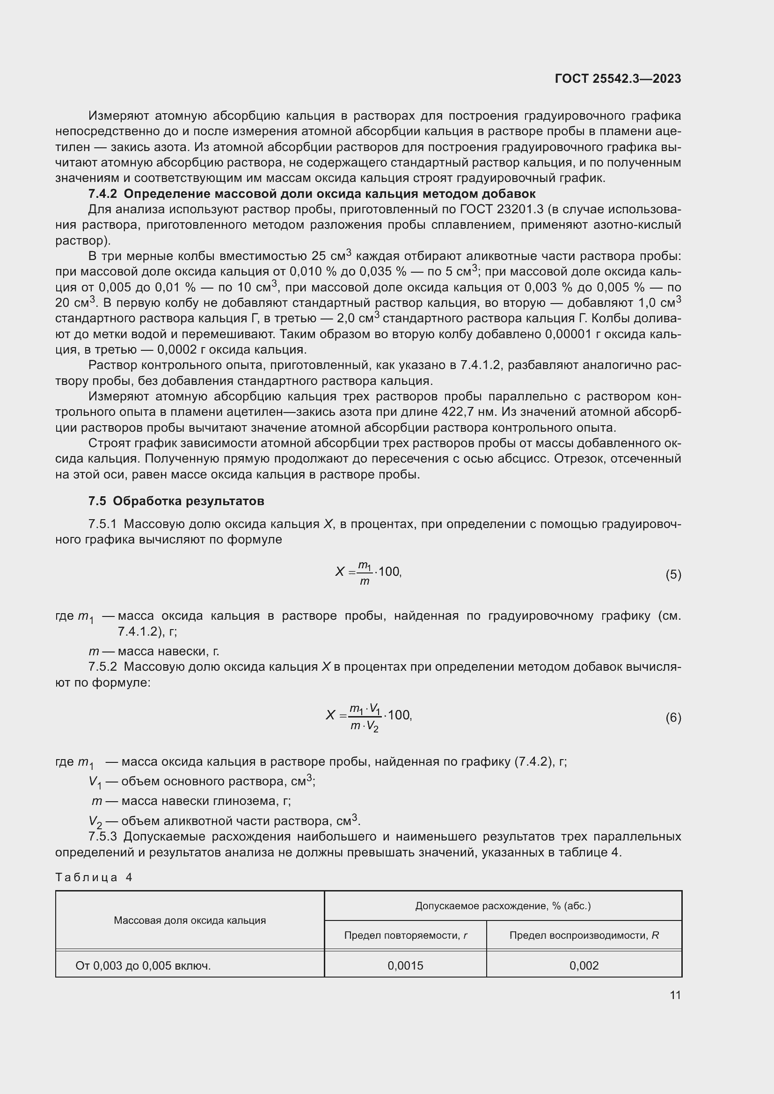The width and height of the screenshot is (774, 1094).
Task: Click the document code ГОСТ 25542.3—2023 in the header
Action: pos(618,79)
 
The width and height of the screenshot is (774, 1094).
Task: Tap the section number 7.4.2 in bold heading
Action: pos(102,194)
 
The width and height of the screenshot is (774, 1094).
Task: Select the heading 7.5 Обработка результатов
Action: pos(176,501)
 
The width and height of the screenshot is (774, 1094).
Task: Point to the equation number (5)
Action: pos(673,575)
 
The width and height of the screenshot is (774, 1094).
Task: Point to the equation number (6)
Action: pos(673,717)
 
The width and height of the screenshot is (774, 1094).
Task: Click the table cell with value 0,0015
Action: pos(405,966)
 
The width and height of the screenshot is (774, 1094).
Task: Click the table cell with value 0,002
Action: pos(584,966)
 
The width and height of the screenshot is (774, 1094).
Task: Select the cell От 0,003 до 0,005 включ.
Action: pos(143,966)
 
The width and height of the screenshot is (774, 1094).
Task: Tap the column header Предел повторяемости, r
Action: pos(405,935)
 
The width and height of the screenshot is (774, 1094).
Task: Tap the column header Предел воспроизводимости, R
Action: pos(584,935)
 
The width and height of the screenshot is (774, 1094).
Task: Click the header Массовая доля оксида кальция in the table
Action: pos(190,920)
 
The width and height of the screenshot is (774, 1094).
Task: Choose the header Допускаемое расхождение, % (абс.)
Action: pos(503,906)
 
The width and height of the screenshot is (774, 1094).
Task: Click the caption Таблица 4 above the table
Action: pos(94,877)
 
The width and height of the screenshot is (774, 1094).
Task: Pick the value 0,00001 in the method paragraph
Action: pos(570,334)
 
